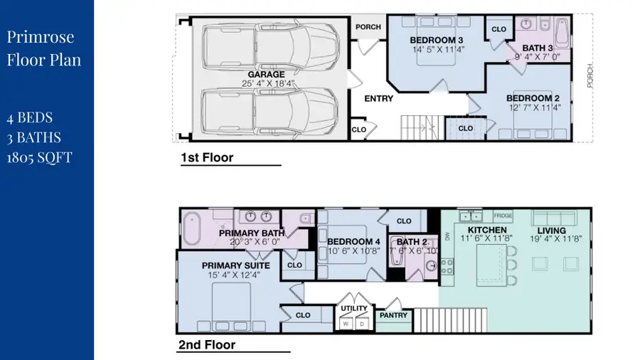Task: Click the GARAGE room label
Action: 266,74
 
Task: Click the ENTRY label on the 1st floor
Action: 378,99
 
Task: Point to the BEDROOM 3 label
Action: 437,40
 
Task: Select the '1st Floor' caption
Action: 207,158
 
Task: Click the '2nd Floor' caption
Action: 207,345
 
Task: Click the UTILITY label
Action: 353,308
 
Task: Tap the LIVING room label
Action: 551,230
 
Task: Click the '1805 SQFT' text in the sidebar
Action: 39,157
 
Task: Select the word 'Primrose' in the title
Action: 41,36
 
